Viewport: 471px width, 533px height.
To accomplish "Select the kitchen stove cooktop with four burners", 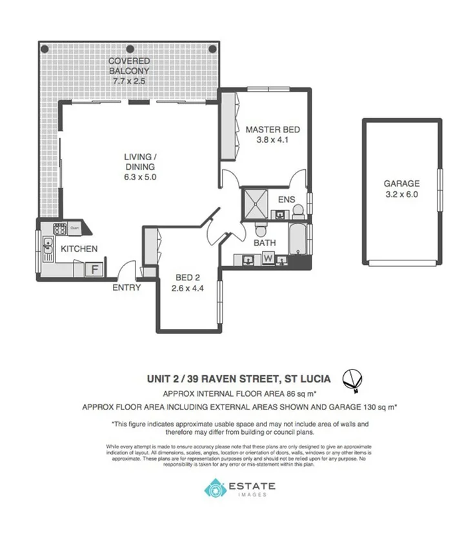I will (x=60, y=228).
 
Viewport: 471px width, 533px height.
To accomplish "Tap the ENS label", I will (x=287, y=200).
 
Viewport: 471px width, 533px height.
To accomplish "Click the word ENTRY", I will (x=126, y=287).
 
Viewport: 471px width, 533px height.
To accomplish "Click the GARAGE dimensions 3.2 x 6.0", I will (x=402, y=194).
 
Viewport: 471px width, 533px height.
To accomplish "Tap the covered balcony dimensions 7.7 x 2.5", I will (x=129, y=82).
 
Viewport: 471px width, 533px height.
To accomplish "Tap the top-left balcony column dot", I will (x=44, y=48).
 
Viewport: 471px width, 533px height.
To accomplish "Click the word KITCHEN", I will (x=79, y=249).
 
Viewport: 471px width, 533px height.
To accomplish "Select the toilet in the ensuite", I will (x=297, y=211).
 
